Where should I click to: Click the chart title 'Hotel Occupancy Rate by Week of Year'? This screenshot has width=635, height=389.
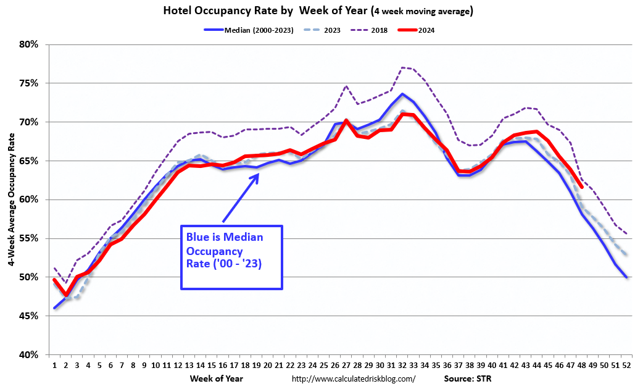tap(317, 10)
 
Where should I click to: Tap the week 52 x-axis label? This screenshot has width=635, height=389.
tap(627, 365)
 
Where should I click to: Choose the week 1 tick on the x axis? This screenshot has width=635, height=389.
tap(55, 365)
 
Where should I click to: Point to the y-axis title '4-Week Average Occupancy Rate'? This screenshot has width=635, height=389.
tap(11, 200)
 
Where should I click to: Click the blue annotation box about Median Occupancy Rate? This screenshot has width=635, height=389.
tap(231, 257)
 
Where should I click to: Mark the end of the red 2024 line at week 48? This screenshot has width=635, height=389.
tap(582, 187)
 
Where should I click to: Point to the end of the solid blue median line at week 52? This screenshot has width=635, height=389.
tap(627, 277)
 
